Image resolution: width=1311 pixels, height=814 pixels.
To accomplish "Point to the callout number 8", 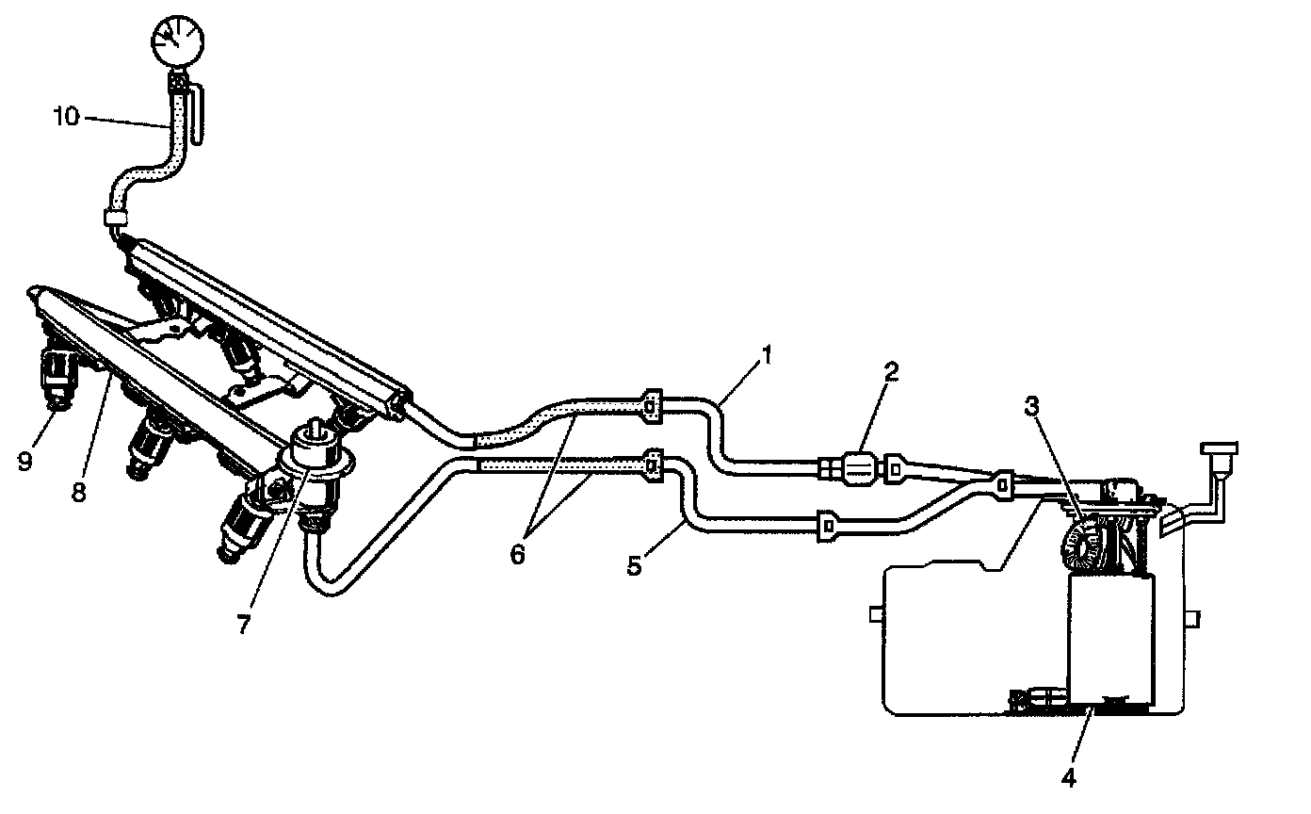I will [x=79, y=491].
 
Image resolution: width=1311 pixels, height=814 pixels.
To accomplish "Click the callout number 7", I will [x=244, y=623].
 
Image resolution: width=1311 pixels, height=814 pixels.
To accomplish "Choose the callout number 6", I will [x=517, y=554].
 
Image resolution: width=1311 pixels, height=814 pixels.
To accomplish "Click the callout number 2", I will [x=889, y=370].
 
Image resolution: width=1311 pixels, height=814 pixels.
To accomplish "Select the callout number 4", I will [x=1067, y=777].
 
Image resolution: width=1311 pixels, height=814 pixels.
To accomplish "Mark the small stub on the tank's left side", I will [x=875, y=614].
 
